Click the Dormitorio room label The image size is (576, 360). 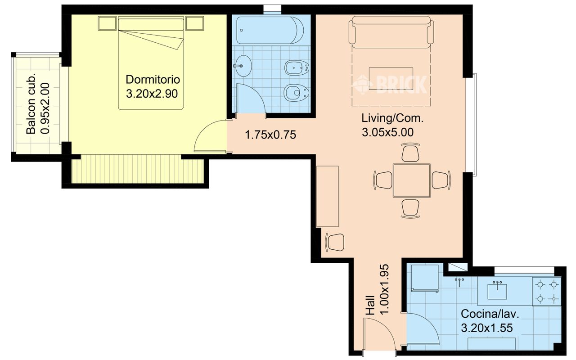153,80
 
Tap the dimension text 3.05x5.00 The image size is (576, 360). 388,132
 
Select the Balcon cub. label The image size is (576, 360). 31,103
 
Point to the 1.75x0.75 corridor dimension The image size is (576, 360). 270,135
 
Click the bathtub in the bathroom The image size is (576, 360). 270,30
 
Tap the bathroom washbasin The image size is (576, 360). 243,66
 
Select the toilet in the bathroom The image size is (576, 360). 296,93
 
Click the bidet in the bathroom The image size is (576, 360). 297,68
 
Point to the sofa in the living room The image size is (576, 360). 391,32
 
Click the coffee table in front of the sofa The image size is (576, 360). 391,78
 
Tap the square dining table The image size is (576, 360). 412,180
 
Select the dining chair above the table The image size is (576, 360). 410,153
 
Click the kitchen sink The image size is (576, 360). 497,292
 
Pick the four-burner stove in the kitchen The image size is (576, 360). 547,292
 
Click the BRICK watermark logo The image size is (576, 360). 390,84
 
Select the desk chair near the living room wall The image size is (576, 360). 335,242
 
